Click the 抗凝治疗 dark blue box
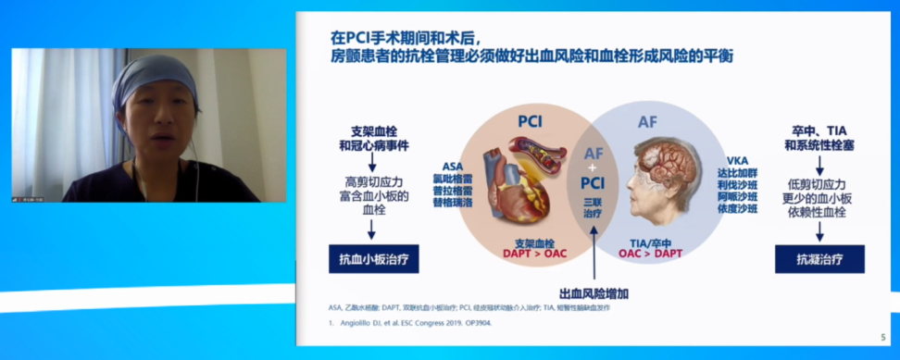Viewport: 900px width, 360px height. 819,259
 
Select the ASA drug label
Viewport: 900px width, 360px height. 453,166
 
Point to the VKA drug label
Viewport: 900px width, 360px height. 738,160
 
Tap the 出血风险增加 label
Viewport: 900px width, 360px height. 594,293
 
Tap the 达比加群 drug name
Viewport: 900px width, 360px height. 738,172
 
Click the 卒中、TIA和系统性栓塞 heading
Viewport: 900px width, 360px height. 819,138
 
